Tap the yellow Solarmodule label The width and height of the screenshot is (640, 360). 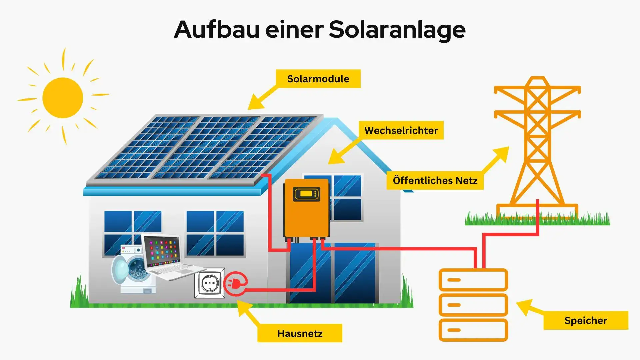coord(318,79)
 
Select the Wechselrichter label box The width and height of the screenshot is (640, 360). coord(401,130)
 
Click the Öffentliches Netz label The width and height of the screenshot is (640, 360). coord(435,180)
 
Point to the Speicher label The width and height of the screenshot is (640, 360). coord(585,320)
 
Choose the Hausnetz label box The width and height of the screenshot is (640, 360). coord(299,333)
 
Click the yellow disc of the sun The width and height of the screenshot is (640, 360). coord(63,98)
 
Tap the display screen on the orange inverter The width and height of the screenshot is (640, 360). coord(306,194)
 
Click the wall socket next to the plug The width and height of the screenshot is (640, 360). coord(210,283)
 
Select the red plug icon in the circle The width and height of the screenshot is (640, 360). coord(235,284)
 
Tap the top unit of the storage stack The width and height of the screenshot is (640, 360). coord(473,280)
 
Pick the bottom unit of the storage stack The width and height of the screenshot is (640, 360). coord(473,330)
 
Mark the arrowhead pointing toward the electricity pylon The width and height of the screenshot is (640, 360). coord(502,154)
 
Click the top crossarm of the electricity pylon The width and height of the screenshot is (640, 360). coord(537,90)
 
